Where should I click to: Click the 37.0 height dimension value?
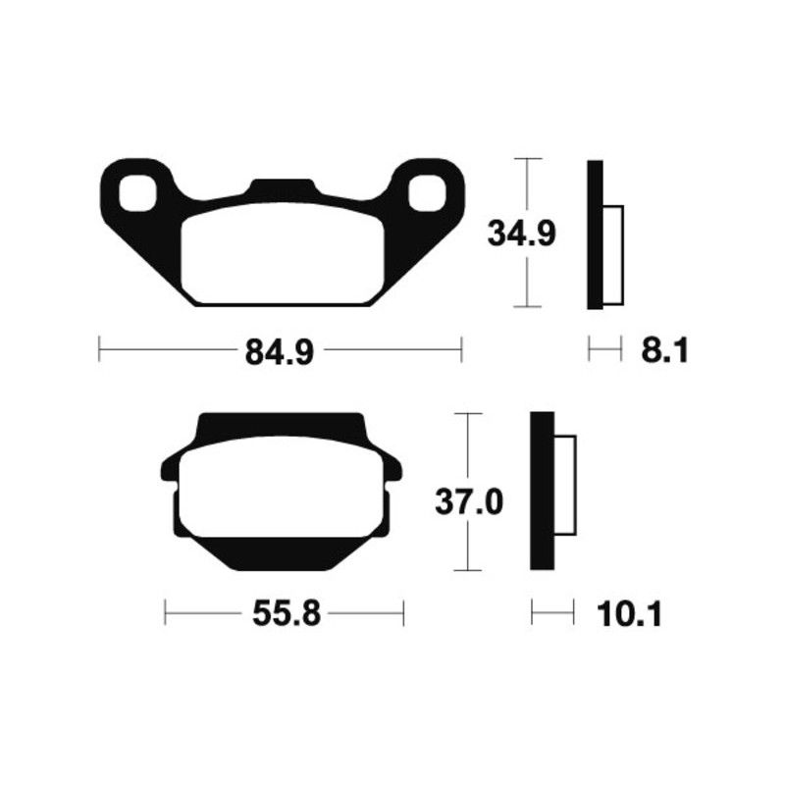pyautogui.click(x=469, y=502)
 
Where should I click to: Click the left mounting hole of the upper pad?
pyautogui.click(x=138, y=192)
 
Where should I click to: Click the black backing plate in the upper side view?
pyautogui.click(x=595, y=235)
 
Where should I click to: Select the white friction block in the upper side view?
pyautogui.click(x=612, y=255)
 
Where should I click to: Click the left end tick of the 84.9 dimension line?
pyautogui.click(x=100, y=350)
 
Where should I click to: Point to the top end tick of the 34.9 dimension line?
pyautogui.click(x=528, y=158)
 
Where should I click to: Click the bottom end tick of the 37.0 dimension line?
pyautogui.click(x=470, y=570)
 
